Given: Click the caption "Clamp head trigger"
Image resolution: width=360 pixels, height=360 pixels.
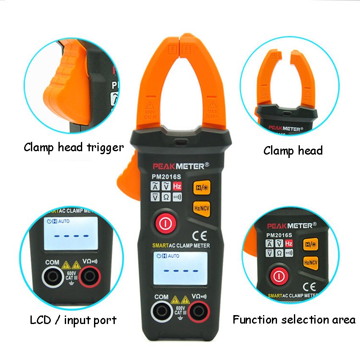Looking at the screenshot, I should pyautogui.click(x=74, y=147).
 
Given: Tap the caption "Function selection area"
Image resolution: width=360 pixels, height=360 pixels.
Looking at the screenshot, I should pyautogui.click(x=294, y=320).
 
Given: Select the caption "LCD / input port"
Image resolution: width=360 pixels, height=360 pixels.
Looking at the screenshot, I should pyautogui.click(x=73, y=320).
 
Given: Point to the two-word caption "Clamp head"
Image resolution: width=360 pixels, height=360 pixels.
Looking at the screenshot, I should pyautogui.click(x=293, y=150).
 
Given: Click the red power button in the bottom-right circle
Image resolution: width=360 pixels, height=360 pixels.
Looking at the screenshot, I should pyautogui.click(x=279, y=277).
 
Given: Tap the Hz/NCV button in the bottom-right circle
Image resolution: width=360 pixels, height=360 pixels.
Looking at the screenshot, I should pyautogui.click(x=311, y=263).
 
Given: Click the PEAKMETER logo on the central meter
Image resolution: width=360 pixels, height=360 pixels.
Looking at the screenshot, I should pyautogui.click(x=180, y=166).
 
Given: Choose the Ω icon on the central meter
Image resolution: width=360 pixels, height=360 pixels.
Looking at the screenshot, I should pyautogui.click(x=166, y=197).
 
